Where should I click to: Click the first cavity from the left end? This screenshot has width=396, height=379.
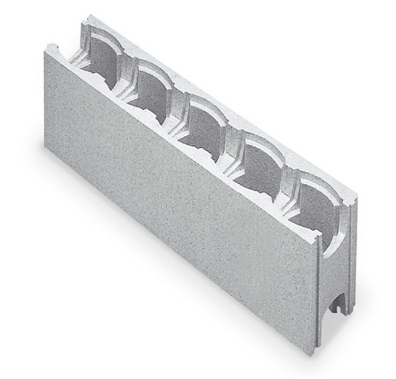101,61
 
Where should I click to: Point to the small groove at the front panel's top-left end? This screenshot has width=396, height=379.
56,47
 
